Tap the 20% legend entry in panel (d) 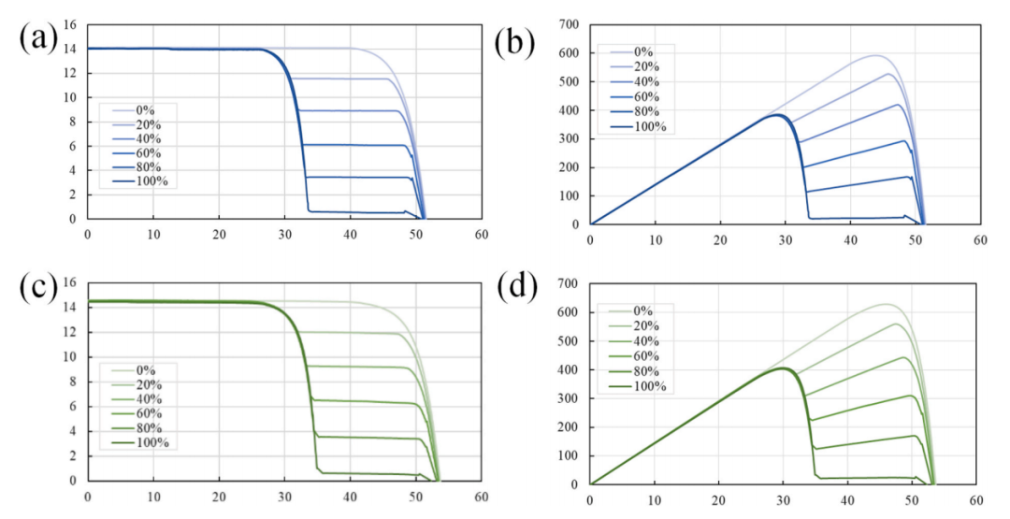(642, 325)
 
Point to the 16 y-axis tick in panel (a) (66, 23)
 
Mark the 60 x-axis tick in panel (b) (979, 240)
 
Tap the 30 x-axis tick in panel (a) (284, 236)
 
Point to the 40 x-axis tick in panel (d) (849, 501)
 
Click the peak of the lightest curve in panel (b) (876, 55)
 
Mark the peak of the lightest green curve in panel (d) (886, 304)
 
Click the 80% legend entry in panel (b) (642, 112)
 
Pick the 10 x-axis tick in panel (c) (153, 497)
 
